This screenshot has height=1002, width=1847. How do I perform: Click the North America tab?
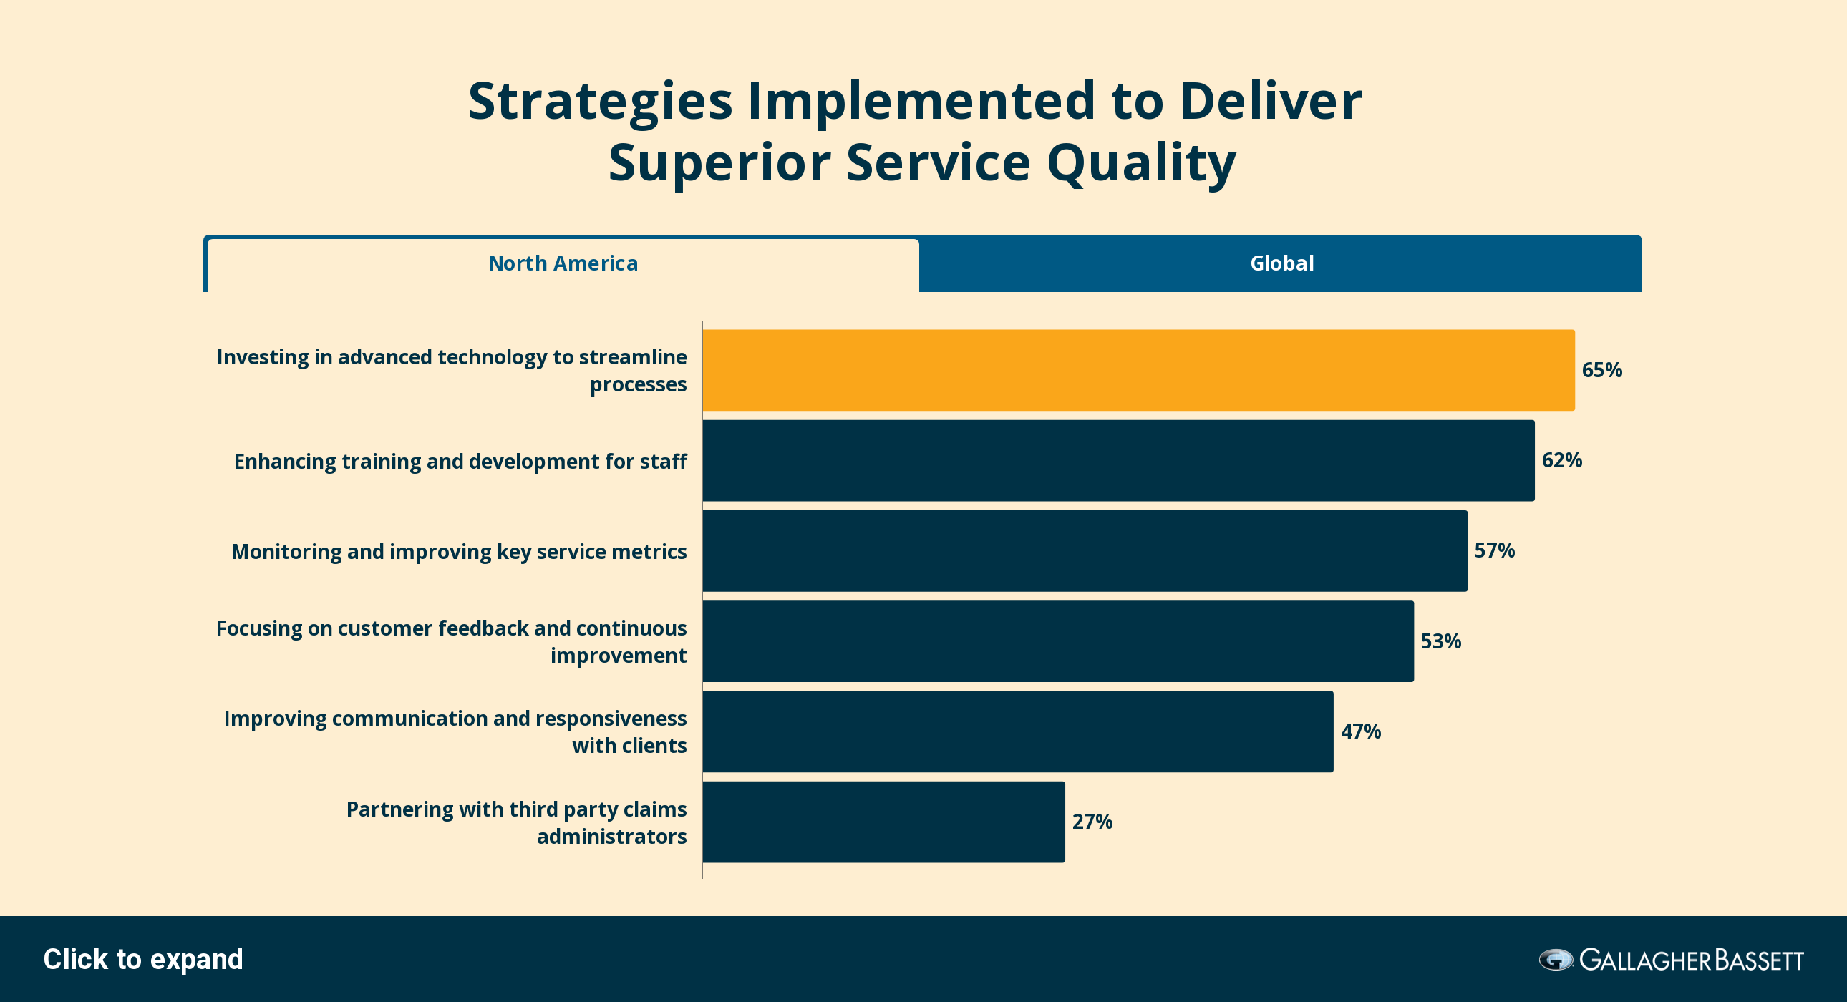click(x=563, y=264)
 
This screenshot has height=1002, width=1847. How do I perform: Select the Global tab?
click(x=1281, y=264)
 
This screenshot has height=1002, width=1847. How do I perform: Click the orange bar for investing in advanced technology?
click(x=1138, y=370)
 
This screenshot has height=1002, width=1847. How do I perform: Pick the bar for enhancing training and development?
click(x=1118, y=460)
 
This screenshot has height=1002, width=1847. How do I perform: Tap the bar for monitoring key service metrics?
click(x=1085, y=550)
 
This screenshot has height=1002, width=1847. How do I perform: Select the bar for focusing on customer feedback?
click(x=1058, y=641)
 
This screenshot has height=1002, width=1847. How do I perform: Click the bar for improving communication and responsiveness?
click(x=1018, y=731)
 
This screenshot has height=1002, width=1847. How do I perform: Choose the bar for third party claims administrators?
click(x=884, y=822)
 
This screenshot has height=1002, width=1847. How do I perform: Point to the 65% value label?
click(x=1601, y=370)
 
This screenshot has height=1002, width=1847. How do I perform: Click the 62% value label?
click(x=1561, y=460)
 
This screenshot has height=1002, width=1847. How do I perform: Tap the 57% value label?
click(x=1494, y=550)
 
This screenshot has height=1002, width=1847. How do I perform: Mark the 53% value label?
click(x=1440, y=641)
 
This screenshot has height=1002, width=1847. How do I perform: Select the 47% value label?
click(x=1361, y=731)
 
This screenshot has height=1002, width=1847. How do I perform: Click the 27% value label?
click(x=1092, y=822)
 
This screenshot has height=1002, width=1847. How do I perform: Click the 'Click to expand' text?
click(x=143, y=959)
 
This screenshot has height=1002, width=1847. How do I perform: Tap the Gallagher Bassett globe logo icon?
click(x=1556, y=960)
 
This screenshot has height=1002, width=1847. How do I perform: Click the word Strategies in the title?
click(x=600, y=102)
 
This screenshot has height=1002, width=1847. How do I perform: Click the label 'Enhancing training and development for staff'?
click(x=460, y=461)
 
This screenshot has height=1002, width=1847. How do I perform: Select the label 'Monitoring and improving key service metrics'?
click(x=459, y=552)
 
